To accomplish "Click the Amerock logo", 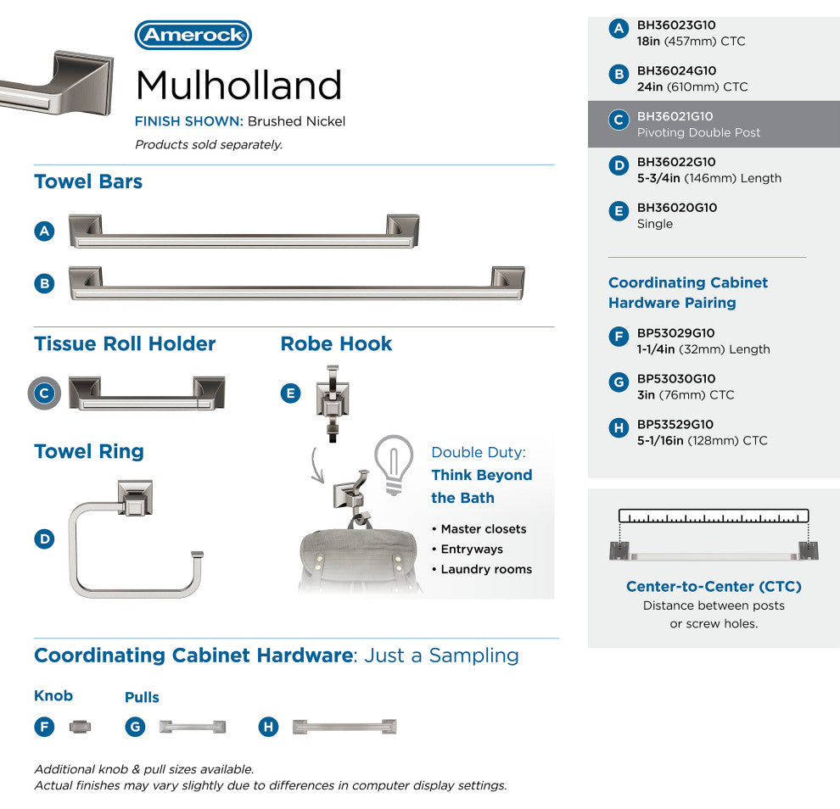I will coord(193,36).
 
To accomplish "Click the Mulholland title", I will coord(238,85).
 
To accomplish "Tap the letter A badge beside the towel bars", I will coord(45,231).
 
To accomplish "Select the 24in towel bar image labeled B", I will coord(296,283).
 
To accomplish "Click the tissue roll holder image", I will coord(147,393).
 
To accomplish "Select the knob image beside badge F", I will coord(79,727).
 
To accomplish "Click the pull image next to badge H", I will coord(344,727).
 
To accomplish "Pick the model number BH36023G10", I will coord(676,25).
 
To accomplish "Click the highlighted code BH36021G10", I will coord(675,116).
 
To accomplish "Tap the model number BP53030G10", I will coord(676,379).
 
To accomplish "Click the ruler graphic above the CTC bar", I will coord(714,516).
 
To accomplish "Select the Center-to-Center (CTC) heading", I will coord(714,587).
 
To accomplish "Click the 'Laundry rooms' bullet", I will coord(486,569).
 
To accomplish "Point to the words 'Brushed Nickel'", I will coord(296,121).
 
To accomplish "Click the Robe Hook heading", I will coord(336,343).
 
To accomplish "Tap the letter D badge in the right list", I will coord(619,165).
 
